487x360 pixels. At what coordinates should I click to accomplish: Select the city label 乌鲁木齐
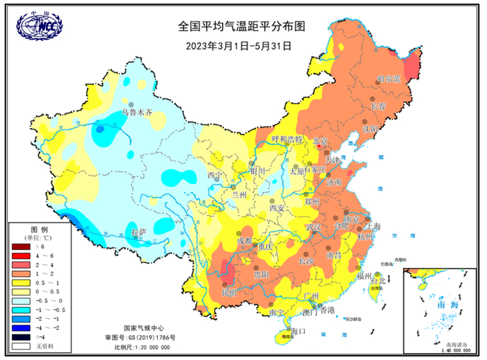[x=136, y=111]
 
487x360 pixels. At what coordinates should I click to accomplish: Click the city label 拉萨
[x=138, y=231]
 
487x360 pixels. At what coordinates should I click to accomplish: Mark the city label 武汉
[x=314, y=228]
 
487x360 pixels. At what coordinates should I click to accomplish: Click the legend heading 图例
[x=39, y=229]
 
